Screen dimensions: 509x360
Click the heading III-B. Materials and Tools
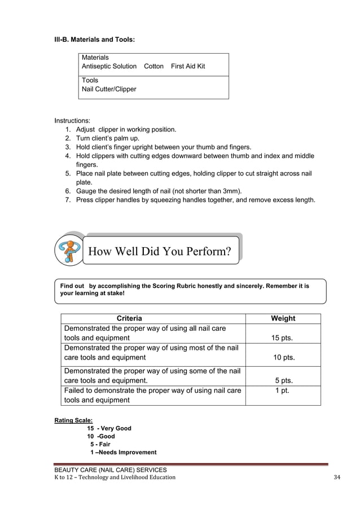pos(94,40)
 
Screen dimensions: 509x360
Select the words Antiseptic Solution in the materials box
pos(109,67)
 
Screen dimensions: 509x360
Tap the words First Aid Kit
pos(188,67)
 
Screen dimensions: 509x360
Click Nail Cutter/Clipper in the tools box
pos(109,89)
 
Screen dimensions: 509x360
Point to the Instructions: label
pos(72,121)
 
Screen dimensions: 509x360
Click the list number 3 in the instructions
pos(68,147)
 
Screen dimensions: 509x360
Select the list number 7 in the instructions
pos(68,200)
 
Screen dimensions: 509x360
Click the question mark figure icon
pos(69,251)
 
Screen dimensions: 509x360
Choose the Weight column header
pos(283,319)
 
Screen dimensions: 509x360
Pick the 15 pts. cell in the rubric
pos(283,339)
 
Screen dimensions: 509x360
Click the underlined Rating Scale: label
pos(73,420)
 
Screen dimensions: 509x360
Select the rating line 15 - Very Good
pos(109,428)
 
